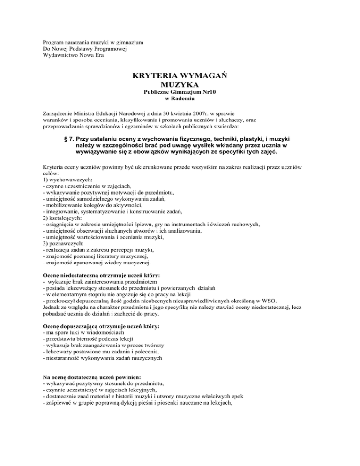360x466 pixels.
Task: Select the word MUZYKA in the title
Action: [x=180, y=86]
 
